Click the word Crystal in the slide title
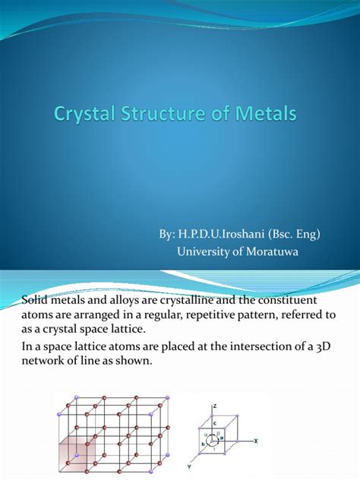[x=84, y=114]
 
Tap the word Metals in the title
[x=266, y=113]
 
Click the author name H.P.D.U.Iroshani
[x=221, y=234]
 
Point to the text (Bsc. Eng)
[x=294, y=235]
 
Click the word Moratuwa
[x=272, y=251]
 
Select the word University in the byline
[x=203, y=252]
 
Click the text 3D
[x=324, y=347]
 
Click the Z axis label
[x=215, y=406]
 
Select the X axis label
[x=256, y=441]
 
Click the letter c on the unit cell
[x=215, y=423]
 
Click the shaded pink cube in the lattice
[x=77, y=453]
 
